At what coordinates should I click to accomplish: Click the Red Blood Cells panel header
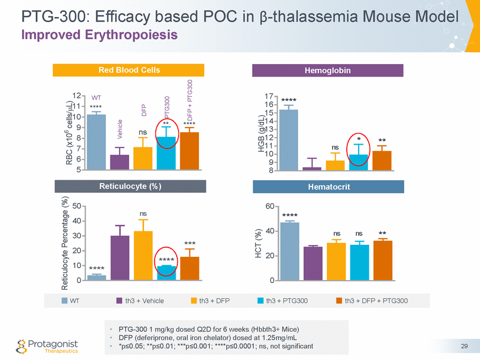pyautogui.click(x=129, y=70)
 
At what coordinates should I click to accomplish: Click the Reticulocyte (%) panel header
pyautogui.click(x=129, y=186)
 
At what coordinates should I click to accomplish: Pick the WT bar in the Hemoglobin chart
pyautogui.click(x=289, y=139)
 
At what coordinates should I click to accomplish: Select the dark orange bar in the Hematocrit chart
pyautogui.click(x=383, y=261)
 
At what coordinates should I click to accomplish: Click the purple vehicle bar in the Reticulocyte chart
pyautogui.click(x=120, y=258)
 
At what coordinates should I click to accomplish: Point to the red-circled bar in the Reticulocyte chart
pyautogui.click(x=166, y=273)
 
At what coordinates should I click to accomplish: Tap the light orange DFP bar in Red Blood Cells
pyautogui.click(x=143, y=158)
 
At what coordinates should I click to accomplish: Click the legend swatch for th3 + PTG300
pyautogui.click(x=261, y=300)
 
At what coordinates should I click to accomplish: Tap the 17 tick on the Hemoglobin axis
pyautogui.click(x=269, y=96)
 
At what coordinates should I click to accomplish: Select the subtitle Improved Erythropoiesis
pyautogui.click(x=99, y=35)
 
